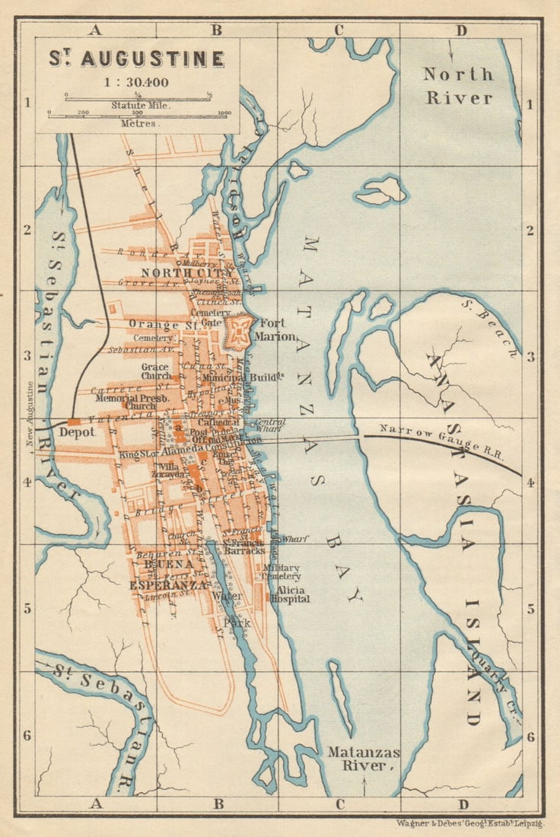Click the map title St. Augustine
pos(137,59)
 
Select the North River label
pos(459,86)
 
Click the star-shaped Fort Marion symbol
pos(238,332)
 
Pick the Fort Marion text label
pos(274,329)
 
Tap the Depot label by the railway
pos(78,431)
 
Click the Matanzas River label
pos(363,758)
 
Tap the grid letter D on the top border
pos(460,30)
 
